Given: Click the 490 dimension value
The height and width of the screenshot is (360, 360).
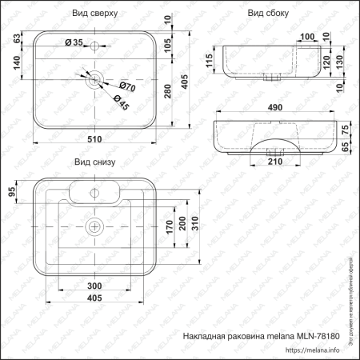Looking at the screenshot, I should (274, 107).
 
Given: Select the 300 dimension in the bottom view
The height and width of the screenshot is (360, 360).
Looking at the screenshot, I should (95, 285).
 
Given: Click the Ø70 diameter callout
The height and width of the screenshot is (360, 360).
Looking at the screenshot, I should (126, 86).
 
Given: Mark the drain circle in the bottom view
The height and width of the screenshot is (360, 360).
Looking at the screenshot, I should (95, 226).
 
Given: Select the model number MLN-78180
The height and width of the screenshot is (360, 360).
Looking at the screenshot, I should (322, 336).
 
